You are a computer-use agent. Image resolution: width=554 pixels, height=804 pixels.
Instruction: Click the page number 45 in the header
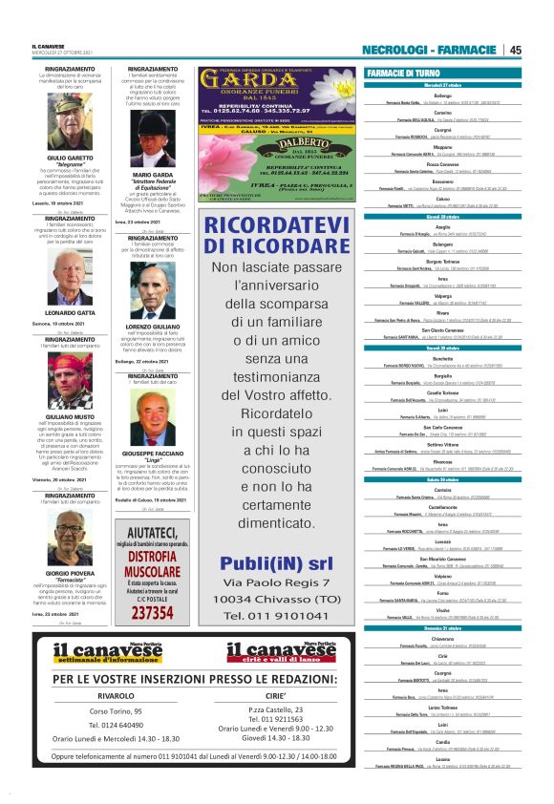point(515,50)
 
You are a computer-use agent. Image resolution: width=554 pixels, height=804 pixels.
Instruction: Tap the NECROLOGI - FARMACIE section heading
point(431,50)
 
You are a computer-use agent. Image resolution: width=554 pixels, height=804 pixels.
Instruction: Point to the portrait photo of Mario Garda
point(152,141)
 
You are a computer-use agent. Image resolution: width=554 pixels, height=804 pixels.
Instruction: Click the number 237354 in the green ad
point(152,613)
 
